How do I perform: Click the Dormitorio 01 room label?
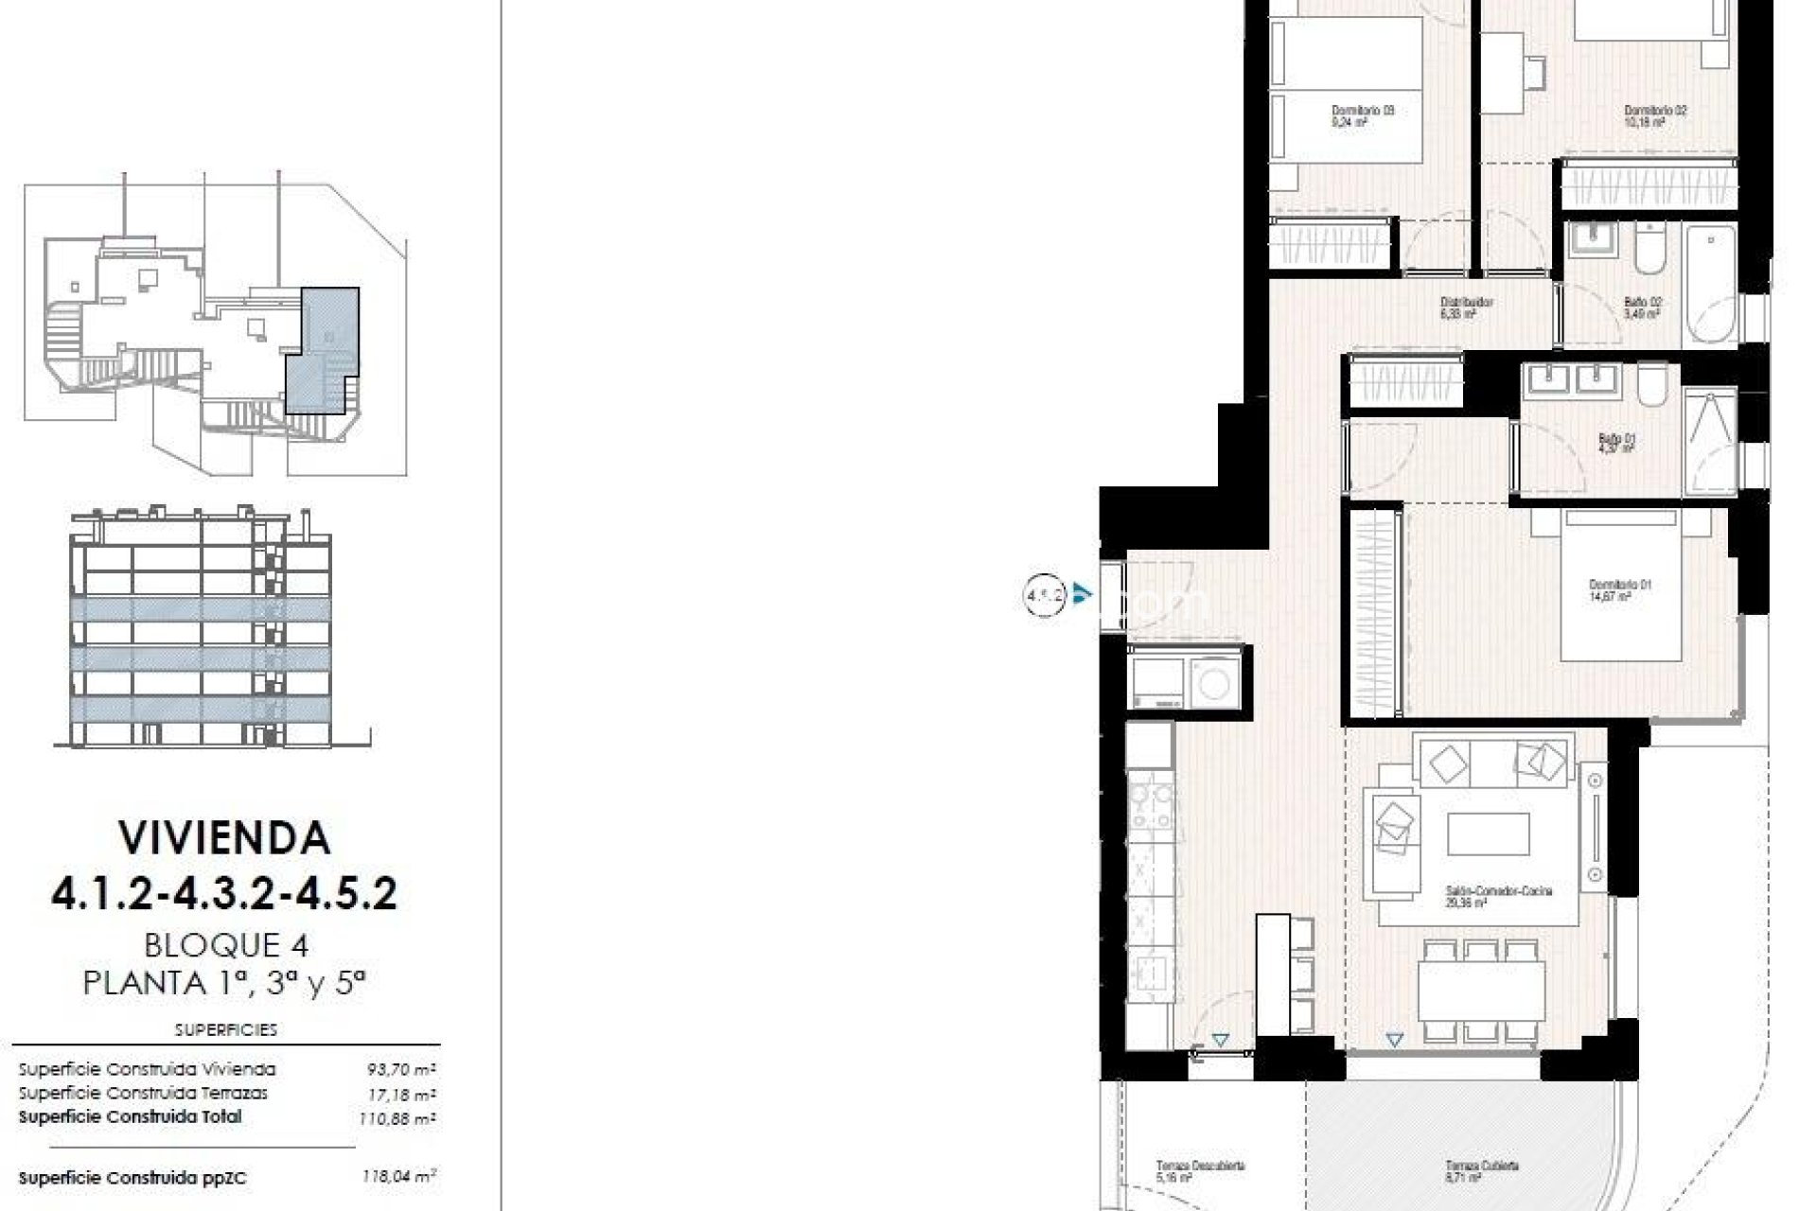pos(1620,590)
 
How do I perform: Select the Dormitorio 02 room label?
pos(1655,115)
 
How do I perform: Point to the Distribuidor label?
pos(1466,307)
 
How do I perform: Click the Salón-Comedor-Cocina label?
pos(1498,896)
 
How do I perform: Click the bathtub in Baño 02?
pos(1710,284)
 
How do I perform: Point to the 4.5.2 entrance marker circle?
pos(1045,596)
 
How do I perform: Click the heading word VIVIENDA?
pos(224,837)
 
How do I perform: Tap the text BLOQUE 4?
pos(226,944)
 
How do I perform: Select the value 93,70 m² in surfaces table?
pos(400,1070)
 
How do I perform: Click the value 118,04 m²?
pos(398,1177)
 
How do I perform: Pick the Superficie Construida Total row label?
pos(130,1116)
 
